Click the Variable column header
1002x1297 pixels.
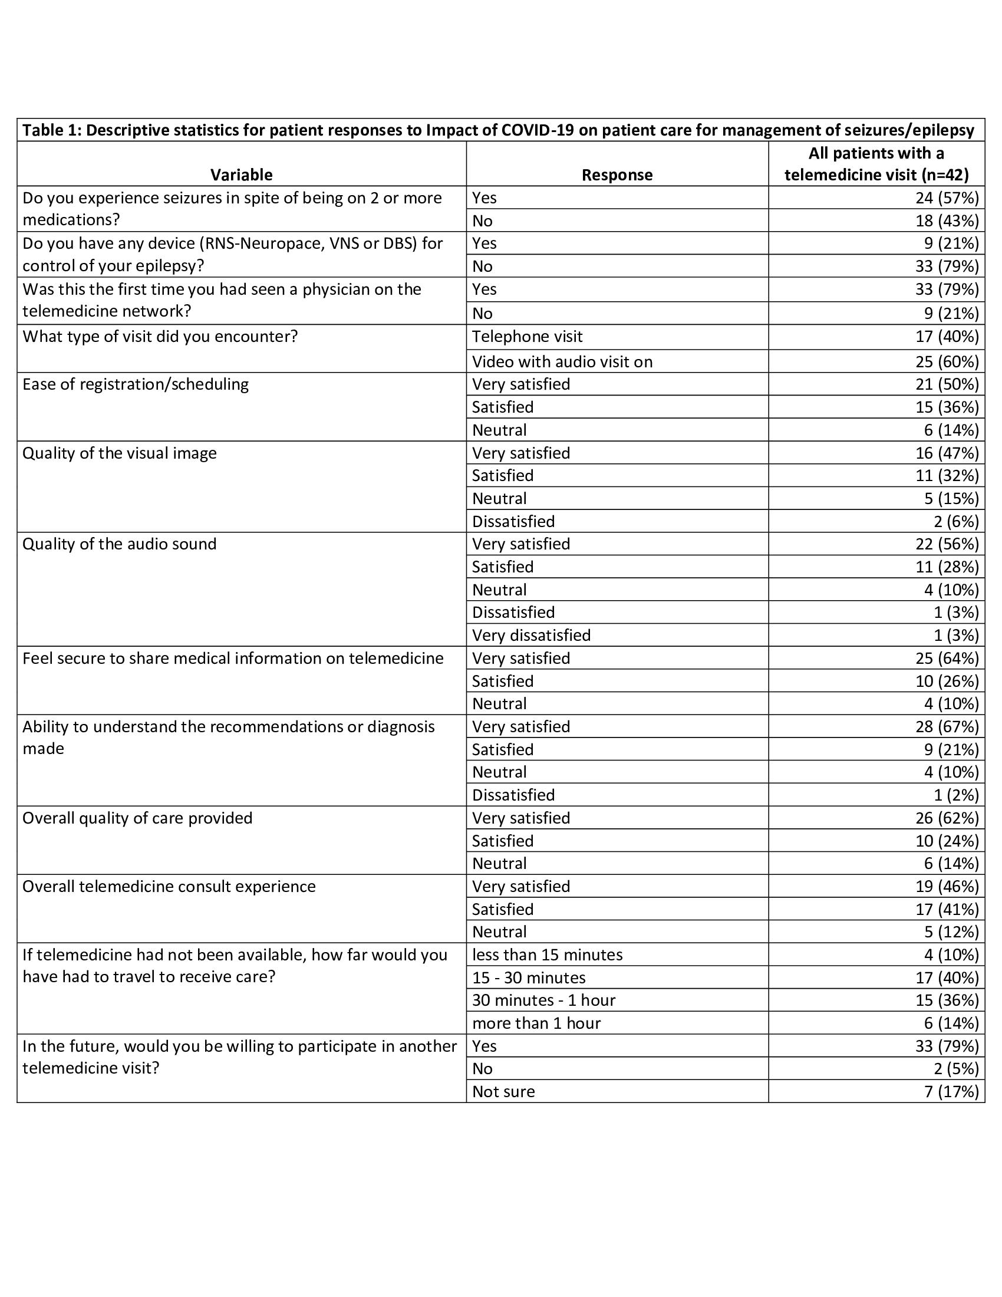[241, 175]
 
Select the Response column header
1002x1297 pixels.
[617, 175]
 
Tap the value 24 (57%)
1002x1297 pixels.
[947, 197]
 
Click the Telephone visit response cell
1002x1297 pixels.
[527, 337]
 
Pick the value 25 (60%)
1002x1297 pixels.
[947, 361]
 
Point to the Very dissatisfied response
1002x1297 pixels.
[531, 636]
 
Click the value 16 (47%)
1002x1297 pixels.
[947, 453]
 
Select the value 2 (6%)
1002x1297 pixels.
[955, 521]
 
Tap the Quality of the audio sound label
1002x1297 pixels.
[119, 544]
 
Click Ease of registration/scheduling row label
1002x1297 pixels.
[136, 384]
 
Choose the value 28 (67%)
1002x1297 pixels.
[947, 727]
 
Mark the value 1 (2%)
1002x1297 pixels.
[955, 795]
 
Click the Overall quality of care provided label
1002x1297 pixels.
[137, 818]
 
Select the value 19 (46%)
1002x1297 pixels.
[947, 887]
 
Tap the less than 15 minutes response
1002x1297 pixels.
[548, 955]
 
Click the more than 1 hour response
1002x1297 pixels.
[536, 1023]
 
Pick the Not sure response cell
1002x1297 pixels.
[503, 1091]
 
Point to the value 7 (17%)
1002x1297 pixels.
[951, 1091]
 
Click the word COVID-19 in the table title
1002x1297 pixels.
[538, 130]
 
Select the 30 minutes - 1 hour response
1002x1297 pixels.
[543, 1000]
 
